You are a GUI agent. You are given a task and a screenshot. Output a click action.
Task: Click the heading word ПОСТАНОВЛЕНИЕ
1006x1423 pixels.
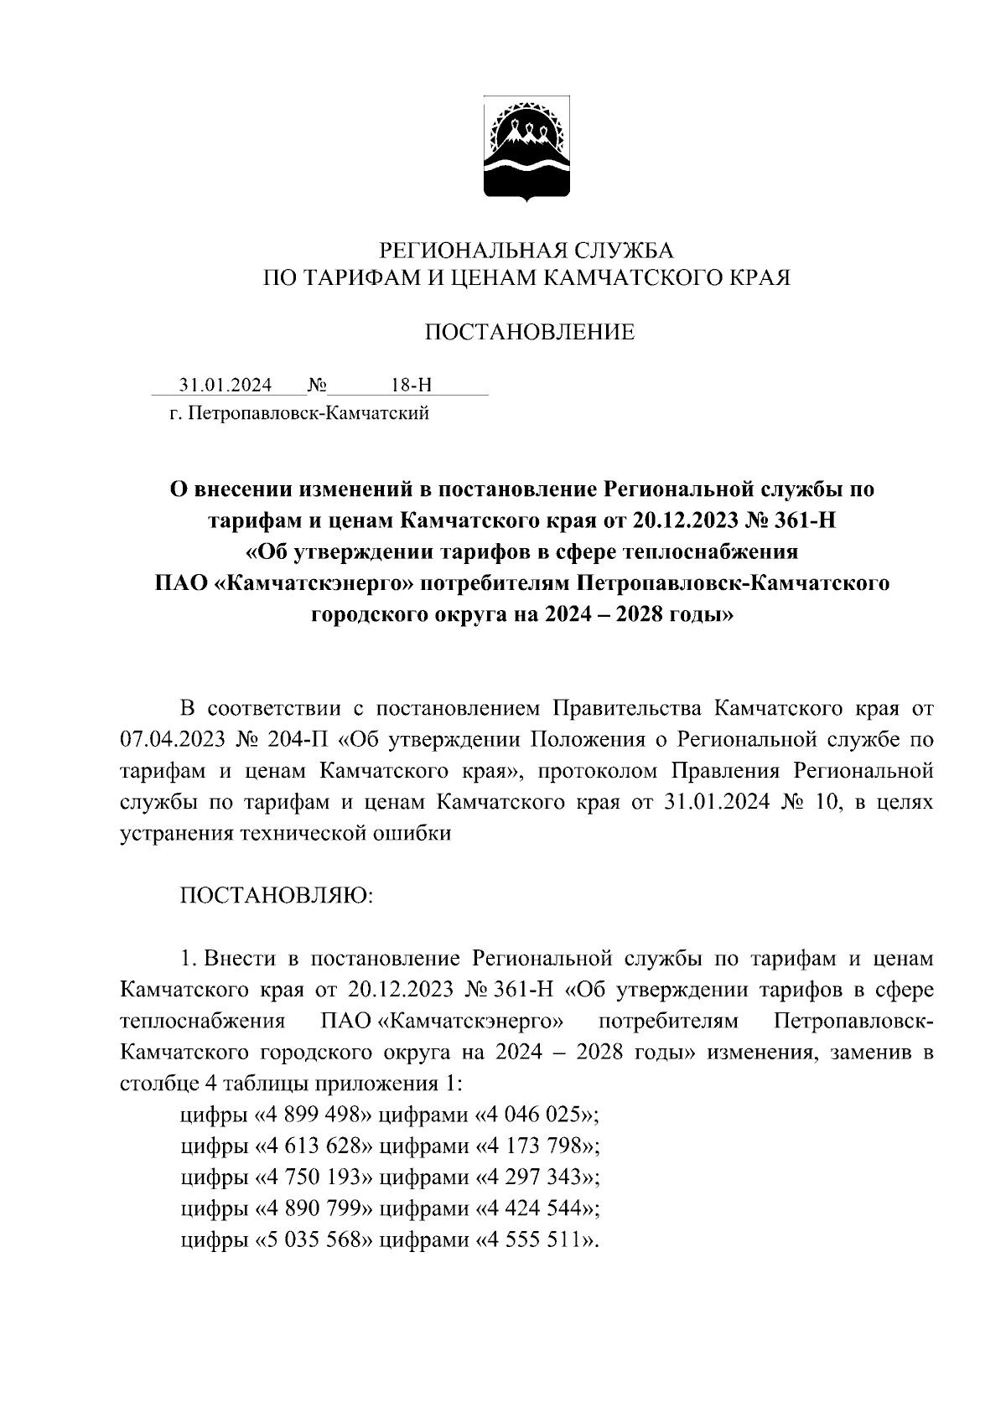point(528,333)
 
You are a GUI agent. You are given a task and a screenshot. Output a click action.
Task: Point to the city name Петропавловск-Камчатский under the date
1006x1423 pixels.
point(309,413)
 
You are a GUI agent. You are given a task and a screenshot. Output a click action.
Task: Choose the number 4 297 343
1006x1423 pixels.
point(534,1177)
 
